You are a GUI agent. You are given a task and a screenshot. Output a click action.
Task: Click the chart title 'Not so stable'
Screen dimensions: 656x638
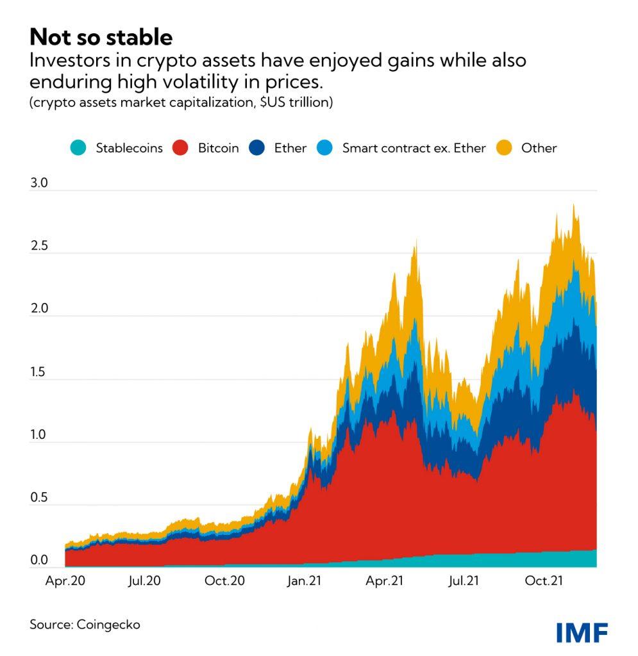tap(101, 37)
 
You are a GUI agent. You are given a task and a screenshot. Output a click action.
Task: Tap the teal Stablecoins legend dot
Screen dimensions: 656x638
tap(79, 148)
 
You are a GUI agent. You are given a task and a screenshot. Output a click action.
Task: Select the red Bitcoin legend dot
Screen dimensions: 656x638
tap(182, 148)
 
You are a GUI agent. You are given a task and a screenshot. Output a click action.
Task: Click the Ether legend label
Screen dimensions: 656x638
tap(290, 148)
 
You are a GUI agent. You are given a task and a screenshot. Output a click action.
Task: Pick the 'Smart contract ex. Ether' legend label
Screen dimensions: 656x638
tap(414, 148)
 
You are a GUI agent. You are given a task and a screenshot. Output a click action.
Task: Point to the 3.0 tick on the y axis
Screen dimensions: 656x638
tap(39, 183)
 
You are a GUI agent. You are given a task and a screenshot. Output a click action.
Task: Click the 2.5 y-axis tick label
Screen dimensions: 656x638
tap(39, 246)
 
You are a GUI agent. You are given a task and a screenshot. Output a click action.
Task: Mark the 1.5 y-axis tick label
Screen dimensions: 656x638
tap(39, 372)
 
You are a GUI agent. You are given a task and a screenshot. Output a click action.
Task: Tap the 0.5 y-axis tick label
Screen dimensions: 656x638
tap(39, 498)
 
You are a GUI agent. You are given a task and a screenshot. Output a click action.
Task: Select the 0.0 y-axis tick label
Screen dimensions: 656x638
tap(39, 561)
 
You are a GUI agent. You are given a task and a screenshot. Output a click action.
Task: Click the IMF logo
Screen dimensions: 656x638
tap(582, 632)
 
